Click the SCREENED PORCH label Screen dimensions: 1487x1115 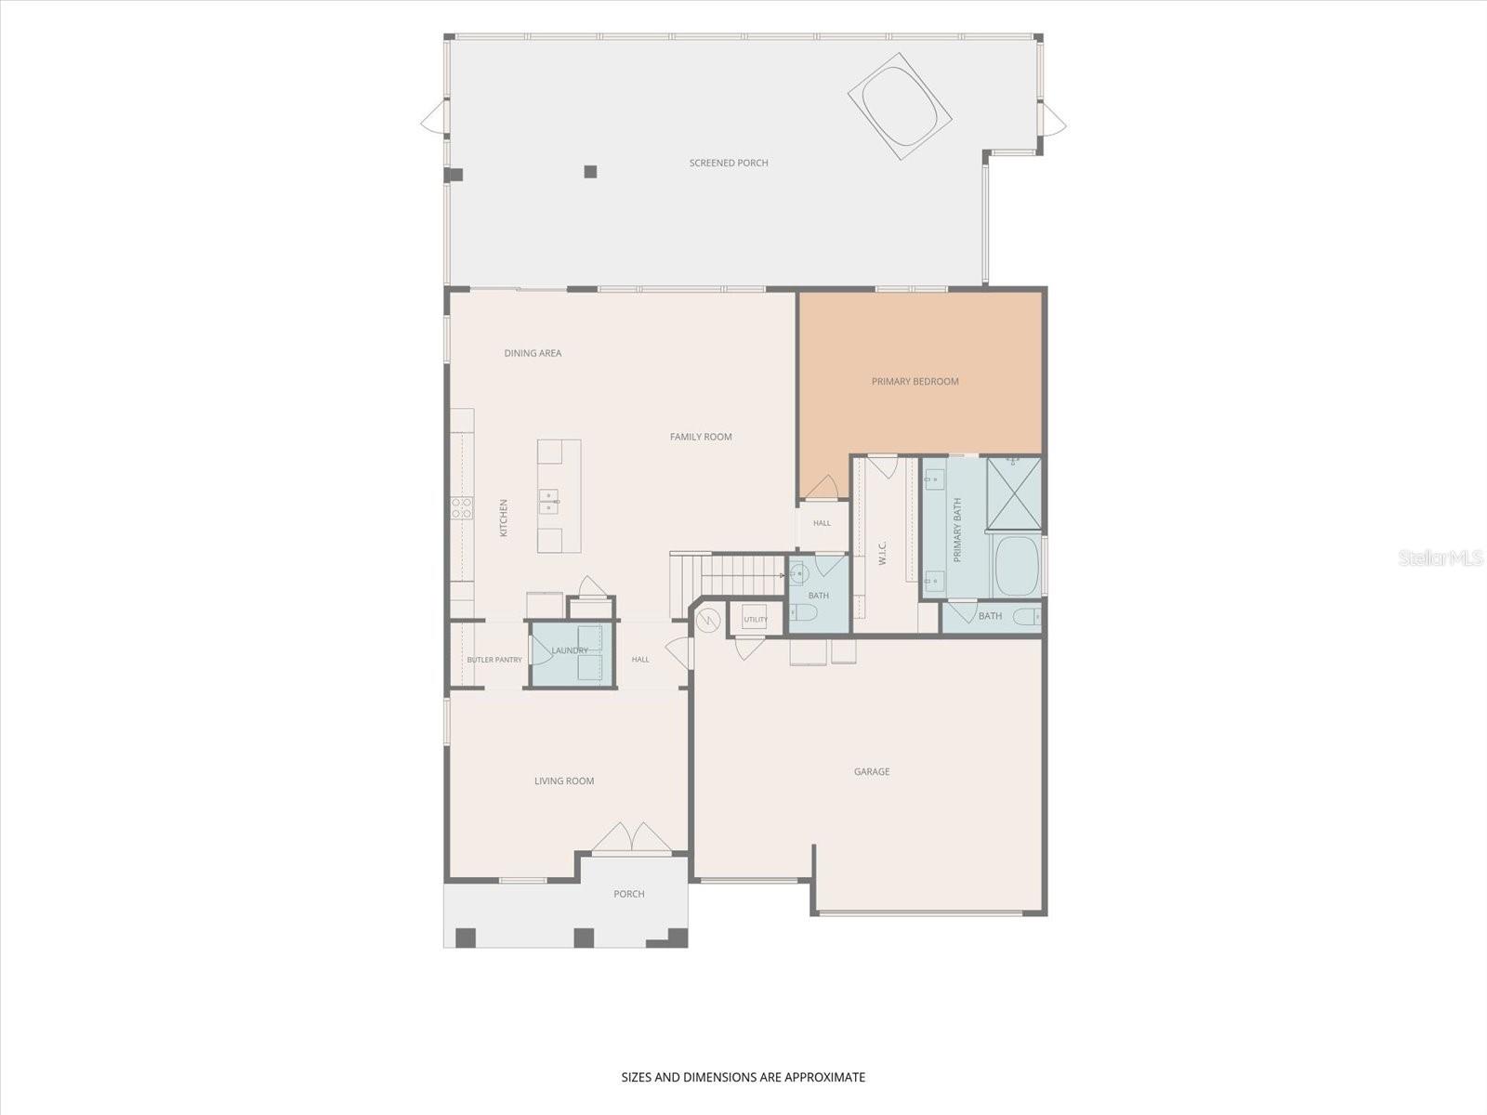coord(729,163)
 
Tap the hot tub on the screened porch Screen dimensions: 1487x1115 coord(900,106)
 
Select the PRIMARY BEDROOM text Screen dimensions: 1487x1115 coord(915,381)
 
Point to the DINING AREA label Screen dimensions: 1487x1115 coord(533,353)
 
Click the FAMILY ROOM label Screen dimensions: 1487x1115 coord(701,437)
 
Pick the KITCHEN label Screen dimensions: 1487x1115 coord(504,518)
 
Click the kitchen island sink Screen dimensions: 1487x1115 coord(548,502)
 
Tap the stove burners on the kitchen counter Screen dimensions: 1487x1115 coord(462,507)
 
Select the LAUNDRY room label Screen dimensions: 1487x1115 coord(569,650)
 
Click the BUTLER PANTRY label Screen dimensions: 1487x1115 coord(494,660)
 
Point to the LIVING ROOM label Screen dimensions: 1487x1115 coord(563,780)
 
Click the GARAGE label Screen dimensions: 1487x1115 coord(871,771)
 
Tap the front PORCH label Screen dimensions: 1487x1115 coord(628,894)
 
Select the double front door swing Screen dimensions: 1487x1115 coord(631,837)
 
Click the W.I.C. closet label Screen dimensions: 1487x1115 coord(882,553)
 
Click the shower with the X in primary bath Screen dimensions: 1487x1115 coord(1014,493)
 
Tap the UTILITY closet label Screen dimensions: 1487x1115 coord(756,620)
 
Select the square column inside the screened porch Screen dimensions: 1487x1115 coord(590,171)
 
